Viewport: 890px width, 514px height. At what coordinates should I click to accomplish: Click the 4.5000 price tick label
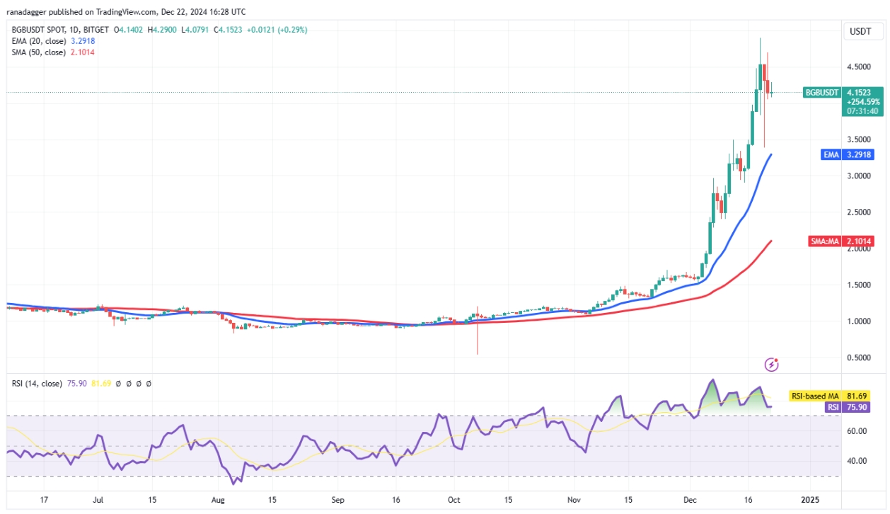[860, 67]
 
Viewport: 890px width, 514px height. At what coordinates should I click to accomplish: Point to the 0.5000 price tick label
[860, 358]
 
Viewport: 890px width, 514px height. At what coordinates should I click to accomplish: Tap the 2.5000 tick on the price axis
[860, 212]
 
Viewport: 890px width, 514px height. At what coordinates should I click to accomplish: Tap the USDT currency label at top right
[860, 31]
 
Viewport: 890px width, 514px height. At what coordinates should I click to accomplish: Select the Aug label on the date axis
[218, 500]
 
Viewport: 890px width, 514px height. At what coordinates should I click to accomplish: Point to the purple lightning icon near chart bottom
[772, 364]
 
